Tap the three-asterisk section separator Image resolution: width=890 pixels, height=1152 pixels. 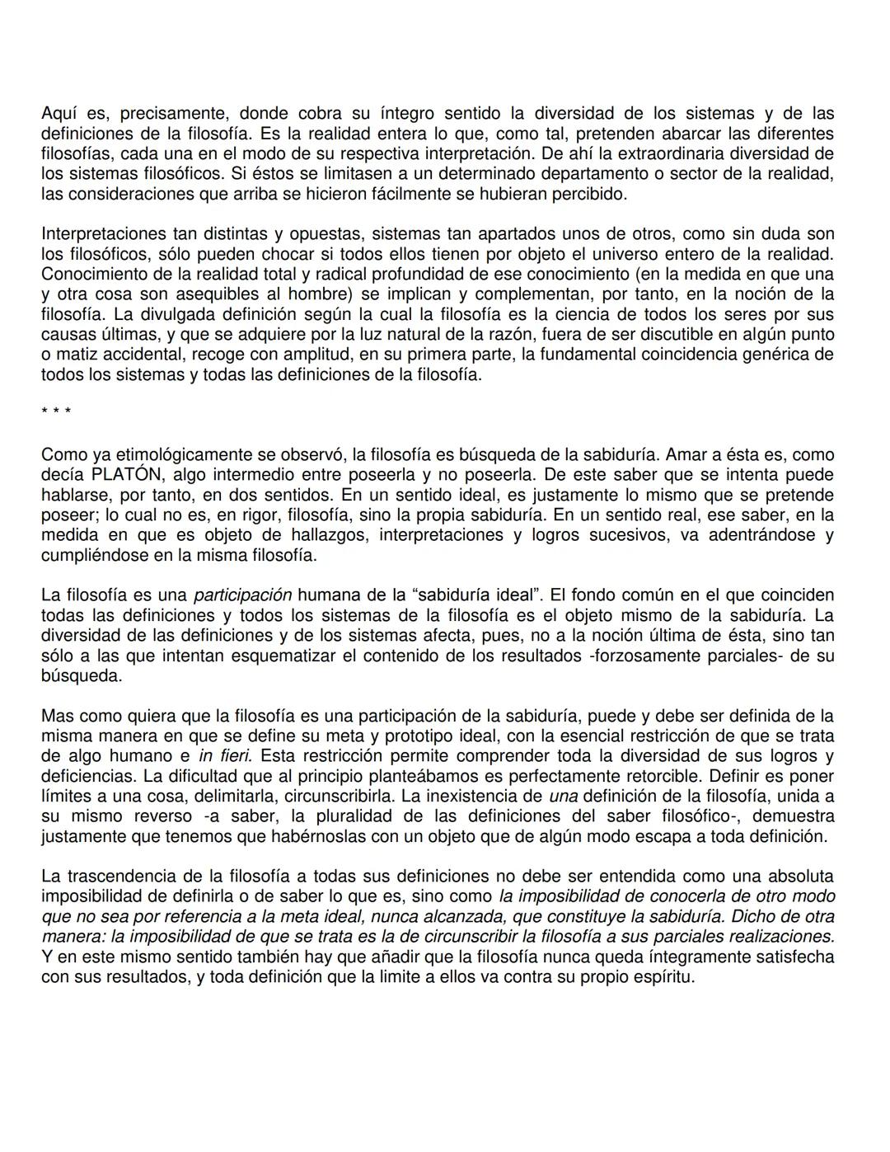click(56, 411)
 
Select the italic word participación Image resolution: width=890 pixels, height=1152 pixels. click(242, 595)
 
